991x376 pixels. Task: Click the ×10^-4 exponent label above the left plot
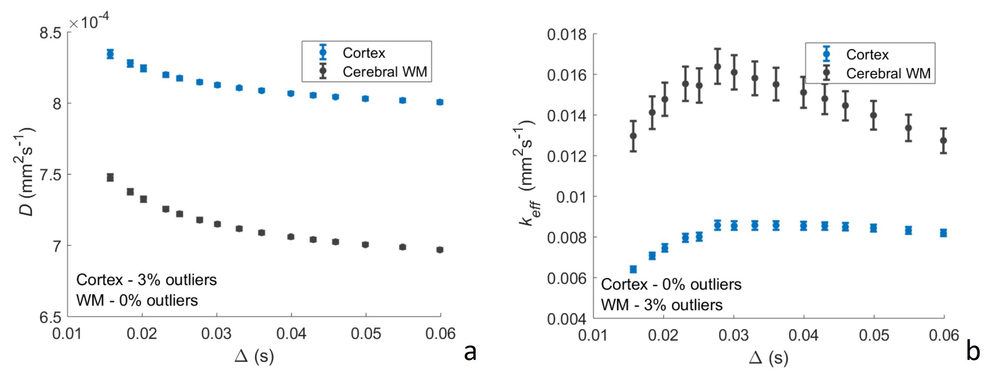pyautogui.click(x=89, y=21)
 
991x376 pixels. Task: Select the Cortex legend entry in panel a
pyautogui.click(x=364, y=53)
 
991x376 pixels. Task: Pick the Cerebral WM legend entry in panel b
pyautogui.click(x=888, y=73)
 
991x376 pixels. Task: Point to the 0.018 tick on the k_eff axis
pyautogui.click(x=566, y=34)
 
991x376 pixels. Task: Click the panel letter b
pyautogui.click(x=973, y=351)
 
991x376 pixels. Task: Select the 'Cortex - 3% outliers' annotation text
pyautogui.click(x=146, y=280)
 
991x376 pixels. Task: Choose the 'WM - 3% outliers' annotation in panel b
pyautogui.click(x=661, y=305)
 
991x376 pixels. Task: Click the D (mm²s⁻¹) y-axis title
pyautogui.click(x=25, y=171)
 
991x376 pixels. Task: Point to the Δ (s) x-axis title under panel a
pyautogui.click(x=254, y=356)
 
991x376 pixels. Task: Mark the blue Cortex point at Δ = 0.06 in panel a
pyautogui.click(x=440, y=102)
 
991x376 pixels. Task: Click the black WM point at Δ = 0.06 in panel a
pyautogui.click(x=440, y=250)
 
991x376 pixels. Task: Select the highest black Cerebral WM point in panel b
pyautogui.click(x=717, y=66)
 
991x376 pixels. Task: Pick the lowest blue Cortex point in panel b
pyautogui.click(x=633, y=269)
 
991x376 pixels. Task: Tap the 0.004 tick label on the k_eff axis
pyautogui.click(x=566, y=319)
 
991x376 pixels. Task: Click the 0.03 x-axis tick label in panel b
pyautogui.click(x=733, y=335)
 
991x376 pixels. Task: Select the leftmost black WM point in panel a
pyautogui.click(x=110, y=177)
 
